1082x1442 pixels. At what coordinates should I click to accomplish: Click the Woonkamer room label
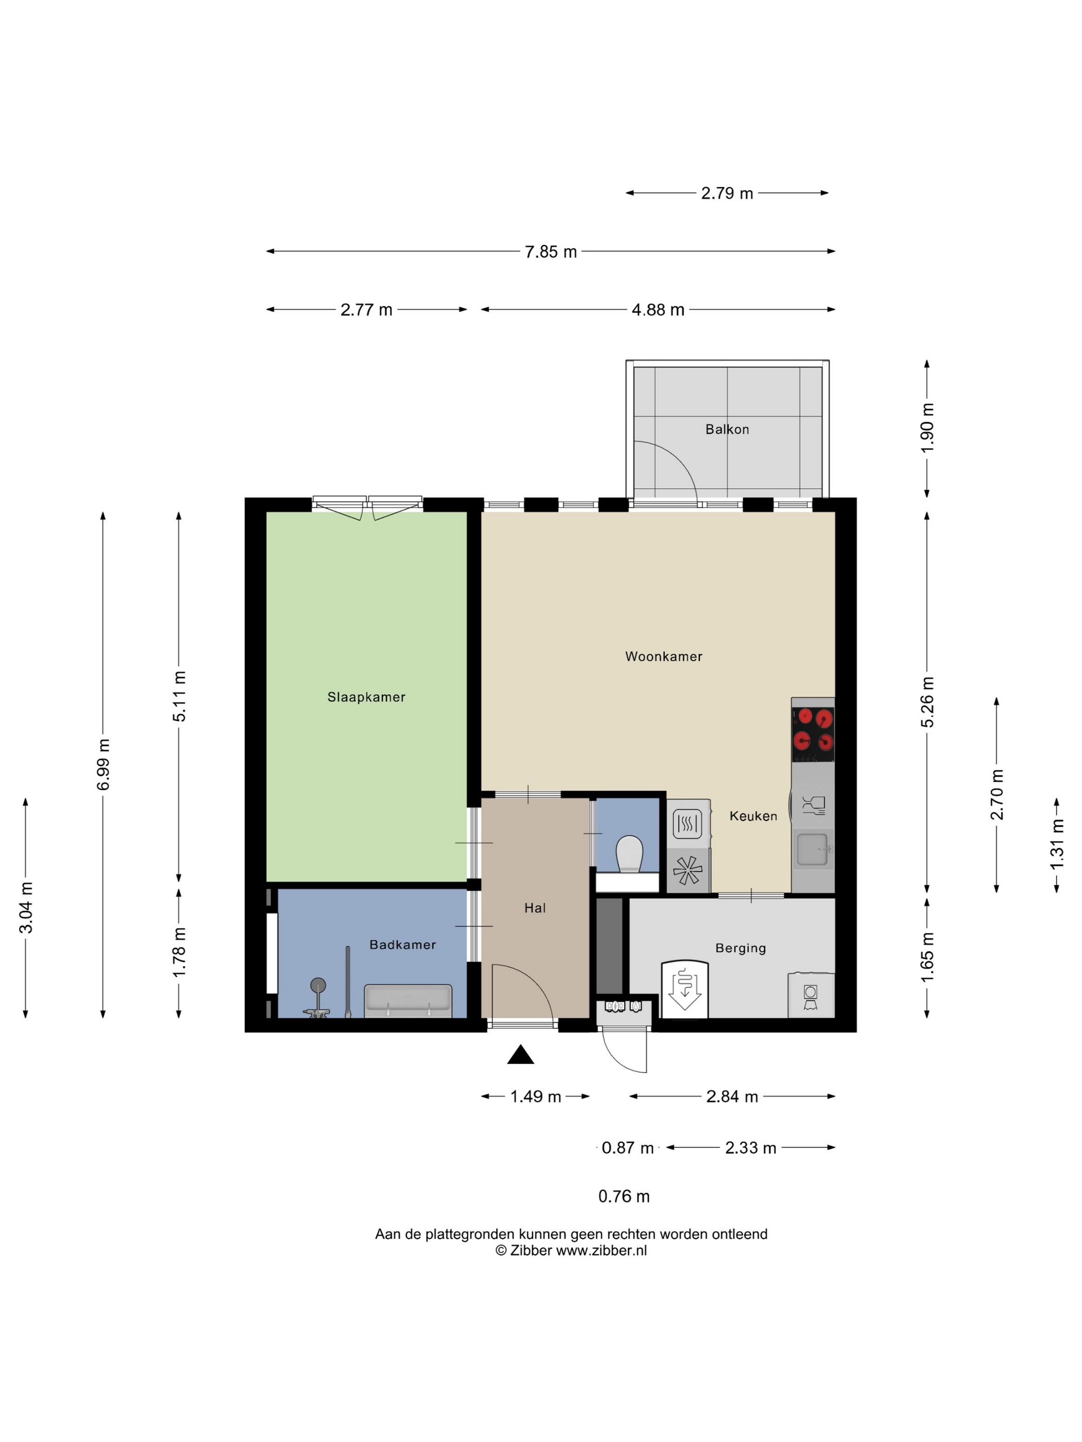click(x=663, y=657)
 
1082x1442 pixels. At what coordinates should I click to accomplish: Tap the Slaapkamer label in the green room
click(x=366, y=697)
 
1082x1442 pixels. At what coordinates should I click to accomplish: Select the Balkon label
click(x=726, y=429)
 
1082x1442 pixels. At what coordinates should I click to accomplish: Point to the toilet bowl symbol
click(x=630, y=854)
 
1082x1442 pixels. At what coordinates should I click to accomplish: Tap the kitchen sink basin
click(x=813, y=849)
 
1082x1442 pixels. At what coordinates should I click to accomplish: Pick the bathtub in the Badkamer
click(x=408, y=1000)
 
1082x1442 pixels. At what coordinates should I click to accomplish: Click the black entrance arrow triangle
click(x=520, y=1054)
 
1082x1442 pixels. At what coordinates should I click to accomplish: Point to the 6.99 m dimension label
click(x=103, y=764)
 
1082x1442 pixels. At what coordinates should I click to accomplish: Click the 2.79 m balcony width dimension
click(x=726, y=193)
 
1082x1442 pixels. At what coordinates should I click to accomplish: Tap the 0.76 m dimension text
click(x=623, y=1196)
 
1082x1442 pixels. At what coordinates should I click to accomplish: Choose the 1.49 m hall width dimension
click(x=535, y=1096)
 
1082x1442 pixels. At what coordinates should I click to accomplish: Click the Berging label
click(x=740, y=948)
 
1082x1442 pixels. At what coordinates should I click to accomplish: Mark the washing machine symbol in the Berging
click(x=810, y=995)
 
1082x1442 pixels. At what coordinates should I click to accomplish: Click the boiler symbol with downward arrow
click(x=684, y=988)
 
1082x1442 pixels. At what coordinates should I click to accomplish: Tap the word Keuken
click(x=753, y=816)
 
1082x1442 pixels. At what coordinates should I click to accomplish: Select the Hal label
click(x=534, y=907)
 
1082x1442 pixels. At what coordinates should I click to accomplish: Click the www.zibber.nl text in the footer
click(x=601, y=1250)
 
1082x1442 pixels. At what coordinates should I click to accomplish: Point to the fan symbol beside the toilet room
click(x=687, y=870)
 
